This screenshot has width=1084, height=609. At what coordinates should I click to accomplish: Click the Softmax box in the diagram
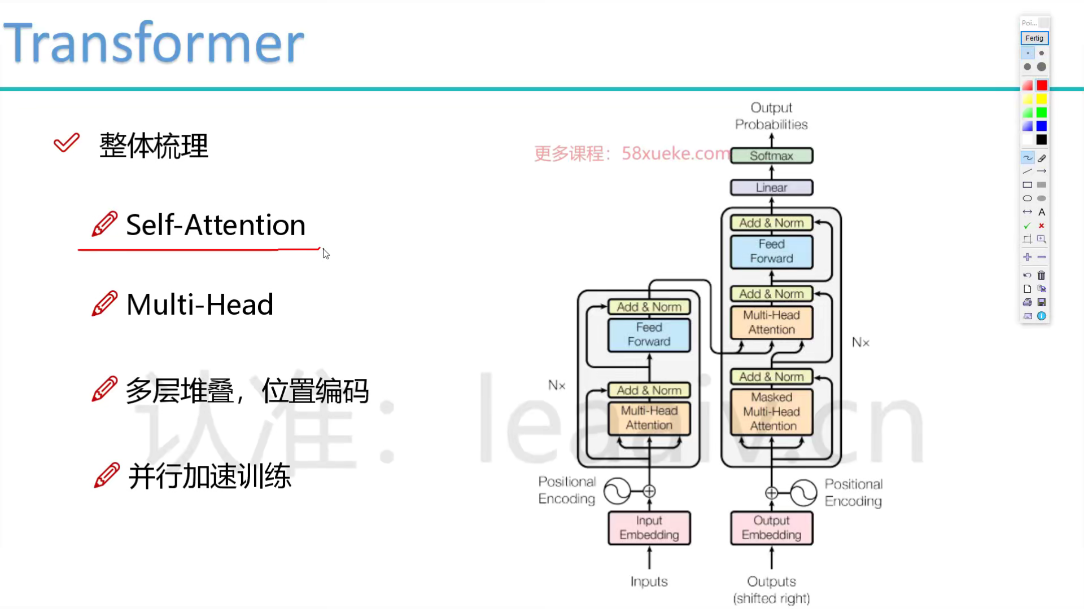[x=771, y=156]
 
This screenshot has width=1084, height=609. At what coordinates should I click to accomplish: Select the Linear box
[x=771, y=187]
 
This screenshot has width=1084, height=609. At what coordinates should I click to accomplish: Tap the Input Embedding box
[x=649, y=528]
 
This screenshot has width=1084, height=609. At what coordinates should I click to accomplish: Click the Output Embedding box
[x=771, y=528]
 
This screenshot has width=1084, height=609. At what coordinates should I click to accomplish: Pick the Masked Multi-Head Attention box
[x=771, y=412]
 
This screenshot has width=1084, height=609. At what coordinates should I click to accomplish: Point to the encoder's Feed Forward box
[x=649, y=334]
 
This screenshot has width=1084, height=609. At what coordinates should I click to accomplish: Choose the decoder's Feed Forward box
[x=771, y=251]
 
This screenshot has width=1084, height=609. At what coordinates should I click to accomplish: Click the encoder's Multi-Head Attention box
[x=649, y=418]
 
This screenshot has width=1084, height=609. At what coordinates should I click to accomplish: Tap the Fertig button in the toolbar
[x=1034, y=38]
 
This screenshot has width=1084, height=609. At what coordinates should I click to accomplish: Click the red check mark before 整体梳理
[x=67, y=143]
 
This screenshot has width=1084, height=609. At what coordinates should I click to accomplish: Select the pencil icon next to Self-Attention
[x=104, y=224]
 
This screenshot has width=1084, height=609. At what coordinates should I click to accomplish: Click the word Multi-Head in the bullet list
[x=200, y=304]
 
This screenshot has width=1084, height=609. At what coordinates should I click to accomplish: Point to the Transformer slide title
[x=154, y=43]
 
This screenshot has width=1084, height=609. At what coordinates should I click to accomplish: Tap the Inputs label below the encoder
[x=649, y=581]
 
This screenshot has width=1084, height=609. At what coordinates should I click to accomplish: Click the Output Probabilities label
[x=771, y=116]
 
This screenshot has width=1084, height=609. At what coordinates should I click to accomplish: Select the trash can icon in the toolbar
[x=1042, y=275]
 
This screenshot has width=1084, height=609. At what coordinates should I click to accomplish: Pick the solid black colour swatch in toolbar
[x=1042, y=140]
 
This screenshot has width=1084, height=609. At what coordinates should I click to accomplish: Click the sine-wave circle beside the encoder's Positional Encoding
[x=617, y=491]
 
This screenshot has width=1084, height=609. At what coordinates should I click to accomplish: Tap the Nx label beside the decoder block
[x=860, y=342]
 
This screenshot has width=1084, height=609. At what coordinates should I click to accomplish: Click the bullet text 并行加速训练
[x=209, y=476]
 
